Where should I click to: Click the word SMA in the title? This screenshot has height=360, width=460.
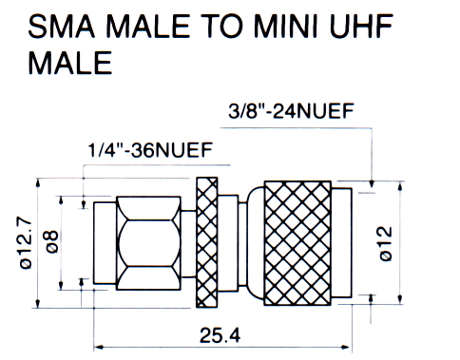click(62, 26)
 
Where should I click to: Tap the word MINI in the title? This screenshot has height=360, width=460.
click(285, 26)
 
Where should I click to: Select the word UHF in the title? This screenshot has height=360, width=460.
click(361, 26)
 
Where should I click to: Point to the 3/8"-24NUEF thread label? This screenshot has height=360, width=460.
click(291, 111)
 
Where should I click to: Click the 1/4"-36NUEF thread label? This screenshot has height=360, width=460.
click(150, 150)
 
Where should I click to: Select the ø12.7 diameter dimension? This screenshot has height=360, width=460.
click(26, 243)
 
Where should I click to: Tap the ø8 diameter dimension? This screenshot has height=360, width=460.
click(52, 241)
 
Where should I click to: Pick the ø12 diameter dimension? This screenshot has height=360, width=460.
click(386, 243)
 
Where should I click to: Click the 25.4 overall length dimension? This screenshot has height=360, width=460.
click(220, 335)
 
